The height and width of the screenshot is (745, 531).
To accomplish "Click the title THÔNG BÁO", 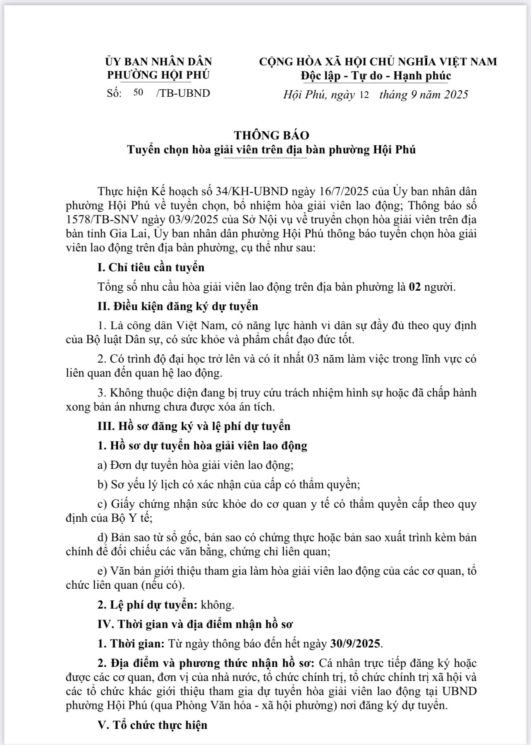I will tap(271, 135).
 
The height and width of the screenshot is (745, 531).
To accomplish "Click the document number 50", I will tap(138, 92).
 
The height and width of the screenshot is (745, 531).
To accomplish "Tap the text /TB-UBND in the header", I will tap(183, 93).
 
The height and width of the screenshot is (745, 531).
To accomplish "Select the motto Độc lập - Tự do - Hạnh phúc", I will tap(376, 76).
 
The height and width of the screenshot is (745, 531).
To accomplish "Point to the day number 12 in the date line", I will tap(364, 95).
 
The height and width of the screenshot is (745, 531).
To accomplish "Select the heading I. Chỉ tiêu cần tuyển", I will tap(151, 267).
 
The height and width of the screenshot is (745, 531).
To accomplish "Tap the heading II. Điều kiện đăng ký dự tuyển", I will tap(178, 306).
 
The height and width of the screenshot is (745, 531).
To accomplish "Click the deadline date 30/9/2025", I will tap(356, 644).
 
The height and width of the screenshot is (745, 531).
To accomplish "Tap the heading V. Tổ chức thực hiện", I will tap(152, 725).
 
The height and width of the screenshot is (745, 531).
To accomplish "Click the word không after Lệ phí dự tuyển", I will tap(218, 605).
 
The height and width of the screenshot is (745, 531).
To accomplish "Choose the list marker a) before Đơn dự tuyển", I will tap(102, 465).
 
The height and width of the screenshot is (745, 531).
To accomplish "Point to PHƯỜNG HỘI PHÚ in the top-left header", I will tap(158, 75).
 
